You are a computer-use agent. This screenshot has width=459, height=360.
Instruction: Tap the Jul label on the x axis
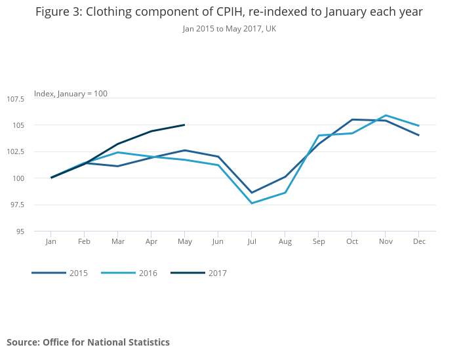tap(252, 242)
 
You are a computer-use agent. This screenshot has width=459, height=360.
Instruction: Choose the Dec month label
tap(419, 242)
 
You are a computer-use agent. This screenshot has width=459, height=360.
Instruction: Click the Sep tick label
tap(319, 242)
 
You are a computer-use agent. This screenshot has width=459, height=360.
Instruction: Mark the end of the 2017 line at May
tap(185, 125)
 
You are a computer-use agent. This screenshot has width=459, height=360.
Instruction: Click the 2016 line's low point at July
tap(252, 203)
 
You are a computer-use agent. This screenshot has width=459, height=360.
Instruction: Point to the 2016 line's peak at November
tap(386, 115)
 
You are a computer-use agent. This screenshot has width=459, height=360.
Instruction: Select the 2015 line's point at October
tap(352, 119)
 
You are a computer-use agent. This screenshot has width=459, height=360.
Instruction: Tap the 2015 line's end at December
tap(419, 135)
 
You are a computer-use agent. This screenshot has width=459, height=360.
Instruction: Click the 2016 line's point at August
tap(285, 192)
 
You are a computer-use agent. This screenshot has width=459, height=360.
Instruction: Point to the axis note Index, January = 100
tap(71, 94)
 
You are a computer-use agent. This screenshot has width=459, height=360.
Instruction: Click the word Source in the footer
tap(22, 342)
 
